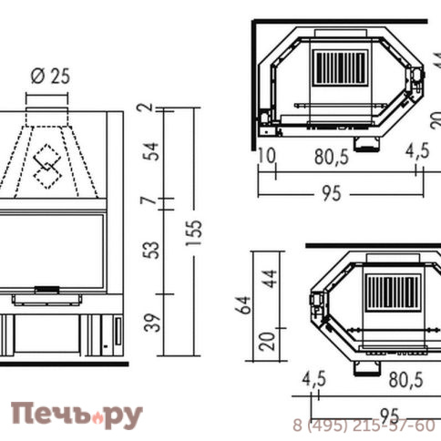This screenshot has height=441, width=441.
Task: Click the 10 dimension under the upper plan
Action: click(266, 156)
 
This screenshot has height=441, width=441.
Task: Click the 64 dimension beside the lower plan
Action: click(241, 304)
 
